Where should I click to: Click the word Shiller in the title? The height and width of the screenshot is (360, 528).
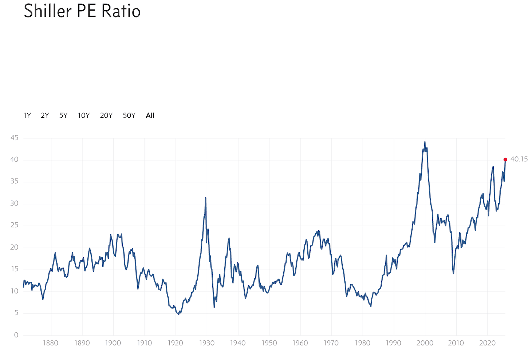[48, 11]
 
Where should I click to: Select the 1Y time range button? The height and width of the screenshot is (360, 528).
[27, 116]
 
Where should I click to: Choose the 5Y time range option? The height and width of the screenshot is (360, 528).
[63, 116]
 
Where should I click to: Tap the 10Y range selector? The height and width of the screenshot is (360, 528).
[84, 116]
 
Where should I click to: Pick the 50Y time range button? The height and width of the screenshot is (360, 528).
[129, 116]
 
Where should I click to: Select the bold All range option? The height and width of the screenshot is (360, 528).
[150, 116]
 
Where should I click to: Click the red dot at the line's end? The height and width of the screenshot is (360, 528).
[505, 160]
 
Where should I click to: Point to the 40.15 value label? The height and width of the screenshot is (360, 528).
[519, 159]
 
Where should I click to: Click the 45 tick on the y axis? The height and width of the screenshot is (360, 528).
[15, 138]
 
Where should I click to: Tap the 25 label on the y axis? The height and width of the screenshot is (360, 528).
[15, 225]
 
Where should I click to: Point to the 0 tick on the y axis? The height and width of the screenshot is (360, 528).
[16, 335]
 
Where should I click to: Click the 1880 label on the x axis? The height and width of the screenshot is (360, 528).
[51, 343]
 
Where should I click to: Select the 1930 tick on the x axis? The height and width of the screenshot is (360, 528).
[206, 343]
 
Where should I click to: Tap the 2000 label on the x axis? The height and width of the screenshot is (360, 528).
[425, 343]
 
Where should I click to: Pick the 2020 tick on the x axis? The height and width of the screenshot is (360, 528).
[487, 343]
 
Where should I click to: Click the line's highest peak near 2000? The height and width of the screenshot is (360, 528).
[425, 142]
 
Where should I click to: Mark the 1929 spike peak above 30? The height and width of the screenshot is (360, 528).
[206, 198]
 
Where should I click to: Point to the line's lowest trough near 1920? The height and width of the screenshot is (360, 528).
[178, 314]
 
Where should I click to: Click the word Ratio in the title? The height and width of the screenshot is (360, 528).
[121, 11]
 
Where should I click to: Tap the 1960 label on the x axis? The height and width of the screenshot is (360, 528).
[300, 343]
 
